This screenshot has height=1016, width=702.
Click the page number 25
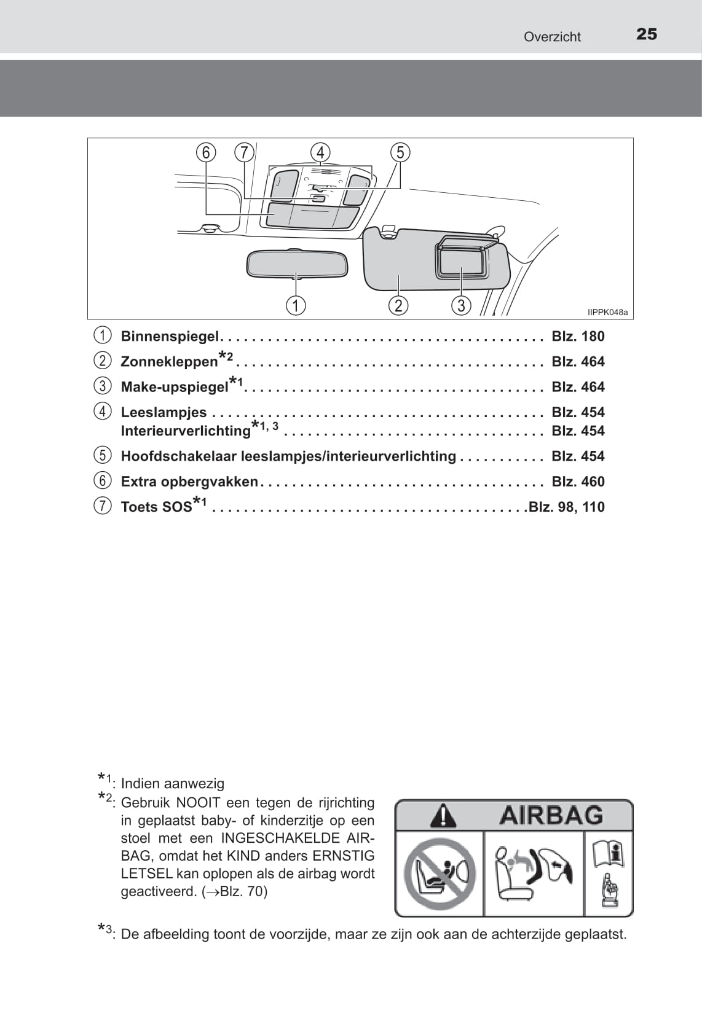pyautogui.click(x=647, y=34)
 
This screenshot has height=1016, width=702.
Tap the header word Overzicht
pyautogui.click(x=552, y=37)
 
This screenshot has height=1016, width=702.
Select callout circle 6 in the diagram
pyautogui.click(x=206, y=152)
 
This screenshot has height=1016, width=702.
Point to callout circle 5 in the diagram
pyautogui.click(x=400, y=152)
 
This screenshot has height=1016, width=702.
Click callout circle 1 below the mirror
pyautogui.click(x=296, y=305)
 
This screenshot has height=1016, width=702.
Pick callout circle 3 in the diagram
pyautogui.click(x=461, y=305)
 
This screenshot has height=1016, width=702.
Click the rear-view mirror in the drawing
pyautogui.click(x=297, y=264)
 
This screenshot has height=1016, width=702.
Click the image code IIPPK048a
pyautogui.click(x=607, y=313)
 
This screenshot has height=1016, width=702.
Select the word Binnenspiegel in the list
pyautogui.click(x=170, y=336)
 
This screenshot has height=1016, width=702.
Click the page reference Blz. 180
pyautogui.click(x=578, y=336)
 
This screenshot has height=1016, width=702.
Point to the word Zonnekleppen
pyautogui.click(x=169, y=362)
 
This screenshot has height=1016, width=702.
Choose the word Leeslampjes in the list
pyautogui.click(x=164, y=412)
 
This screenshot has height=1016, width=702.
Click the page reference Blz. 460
pyautogui.click(x=578, y=482)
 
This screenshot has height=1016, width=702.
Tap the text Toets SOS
pyautogui.click(x=156, y=507)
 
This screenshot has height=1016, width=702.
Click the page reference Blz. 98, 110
pyautogui.click(x=567, y=507)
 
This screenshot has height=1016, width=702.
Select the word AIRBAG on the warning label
pyautogui.click(x=551, y=816)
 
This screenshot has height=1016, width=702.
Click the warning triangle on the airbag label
pyautogui.click(x=443, y=816)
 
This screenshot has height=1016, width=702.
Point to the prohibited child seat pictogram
pyautogui.click(x=440, y=873)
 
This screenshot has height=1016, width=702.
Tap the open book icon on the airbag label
pyautogui.click(x=609, y=854)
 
